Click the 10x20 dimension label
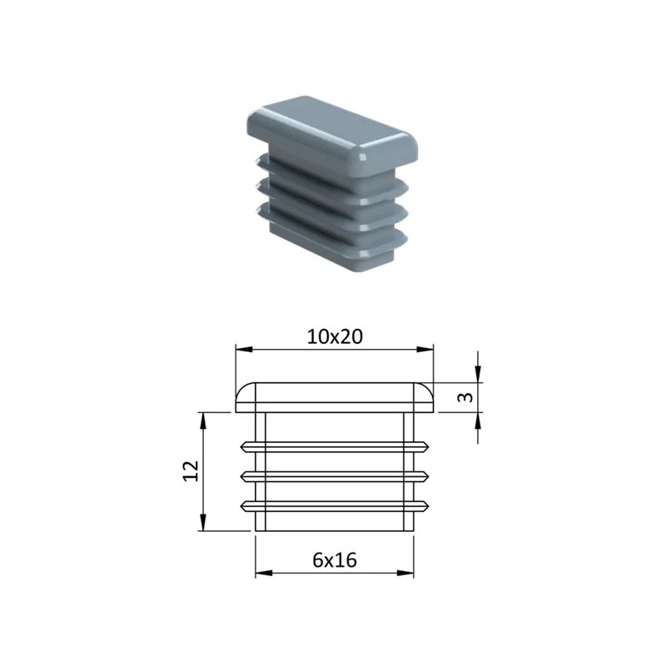(335, 337)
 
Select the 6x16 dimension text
(335, 560)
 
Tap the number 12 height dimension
(191, 471)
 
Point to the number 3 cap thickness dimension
(466, 397)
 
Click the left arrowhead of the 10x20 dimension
(244, 349)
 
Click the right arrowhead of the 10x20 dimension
(425, 349)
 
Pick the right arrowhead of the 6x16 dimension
(405, 573)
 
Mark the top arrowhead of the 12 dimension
(203, 421)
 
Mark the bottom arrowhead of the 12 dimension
(203, 522)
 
